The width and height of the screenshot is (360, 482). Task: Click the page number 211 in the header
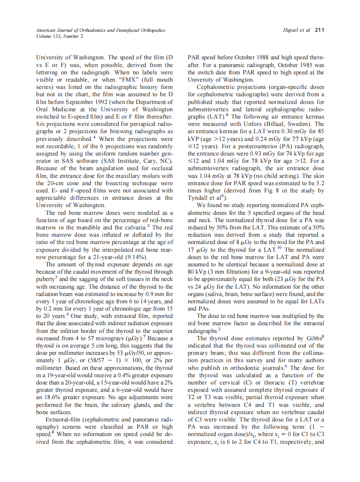[x=319, y=30]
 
